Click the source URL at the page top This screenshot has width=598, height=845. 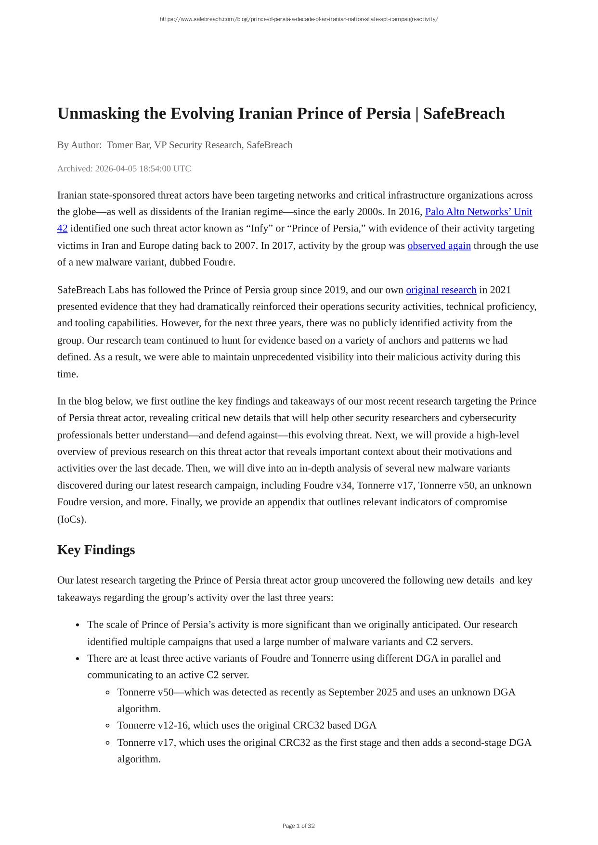[x=299, y=19]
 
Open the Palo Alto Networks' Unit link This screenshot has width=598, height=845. [x=478, y=212]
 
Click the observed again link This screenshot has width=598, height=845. [x=439, y=245]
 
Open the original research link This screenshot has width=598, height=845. [x=441, y=290]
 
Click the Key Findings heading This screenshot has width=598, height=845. [x=96, y=550]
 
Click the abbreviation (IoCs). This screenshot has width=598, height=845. [x=72, y=519]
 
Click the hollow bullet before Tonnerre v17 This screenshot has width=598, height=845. [x=107, y=743]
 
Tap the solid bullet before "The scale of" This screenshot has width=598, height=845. [x=78, y=625]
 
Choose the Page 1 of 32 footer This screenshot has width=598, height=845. [x=299, y=826]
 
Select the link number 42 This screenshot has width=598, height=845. [x=62, y=228]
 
